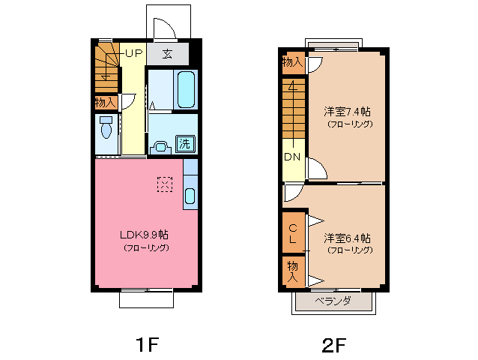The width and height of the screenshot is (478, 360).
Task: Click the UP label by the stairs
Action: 133,53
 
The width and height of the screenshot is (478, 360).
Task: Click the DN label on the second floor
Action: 293,157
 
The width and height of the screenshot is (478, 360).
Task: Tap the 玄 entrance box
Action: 166,54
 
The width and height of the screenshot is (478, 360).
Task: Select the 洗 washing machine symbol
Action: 184,142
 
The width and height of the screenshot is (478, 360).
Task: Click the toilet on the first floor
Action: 106,128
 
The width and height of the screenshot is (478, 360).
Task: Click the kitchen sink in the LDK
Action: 189,197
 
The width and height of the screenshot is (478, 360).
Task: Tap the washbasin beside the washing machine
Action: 160,145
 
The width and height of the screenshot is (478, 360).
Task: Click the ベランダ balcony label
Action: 333,301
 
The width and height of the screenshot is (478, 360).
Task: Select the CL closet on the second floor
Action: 293,233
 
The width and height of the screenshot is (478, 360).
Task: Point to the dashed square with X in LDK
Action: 164,183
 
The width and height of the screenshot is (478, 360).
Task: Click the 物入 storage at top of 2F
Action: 292,62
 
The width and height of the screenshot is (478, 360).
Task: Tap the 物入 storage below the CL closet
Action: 293,271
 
